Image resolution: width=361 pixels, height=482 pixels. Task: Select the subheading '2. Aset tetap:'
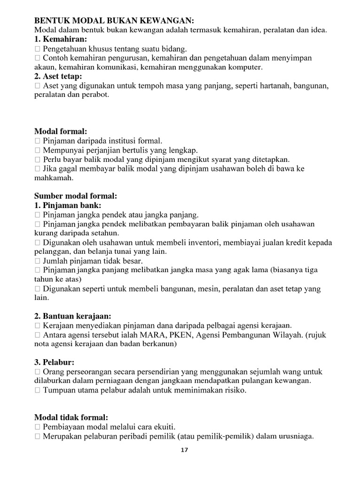pyautogui.click(x=59, y=76)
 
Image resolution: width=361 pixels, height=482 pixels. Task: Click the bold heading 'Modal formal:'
pyautogui.click(x=61, y=131)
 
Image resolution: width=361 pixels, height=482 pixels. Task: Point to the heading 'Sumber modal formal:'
pyautogui.click(x=76, y=196)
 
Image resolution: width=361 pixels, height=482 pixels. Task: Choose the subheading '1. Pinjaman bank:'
pyautogui.click(x=68, y=205)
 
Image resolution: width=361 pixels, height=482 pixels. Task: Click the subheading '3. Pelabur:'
pyautogui.click(x=55, y=362)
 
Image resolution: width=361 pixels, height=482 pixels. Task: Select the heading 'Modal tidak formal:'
pyautogui.click(x=71, y=417)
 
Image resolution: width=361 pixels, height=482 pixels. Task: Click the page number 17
pyautogui.click(x=184, y=450)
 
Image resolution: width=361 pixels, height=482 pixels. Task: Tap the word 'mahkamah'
pyautogui.click(x=54, y=178)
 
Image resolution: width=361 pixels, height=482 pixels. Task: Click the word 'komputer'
pyautogui.click(x=245, y=67)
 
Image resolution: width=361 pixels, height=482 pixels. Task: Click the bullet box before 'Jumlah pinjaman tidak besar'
pyautogui.click(x=38, y=261)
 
